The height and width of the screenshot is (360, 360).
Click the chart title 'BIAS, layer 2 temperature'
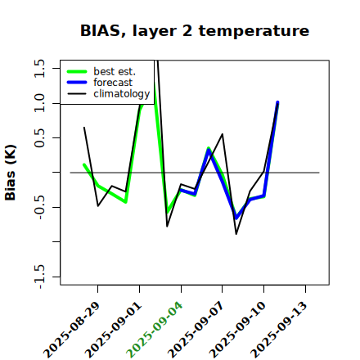point(195,31)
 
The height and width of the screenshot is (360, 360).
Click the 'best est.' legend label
point(115,71)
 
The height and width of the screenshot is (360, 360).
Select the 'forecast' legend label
point(113,83)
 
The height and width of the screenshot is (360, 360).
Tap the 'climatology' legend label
point(122,94)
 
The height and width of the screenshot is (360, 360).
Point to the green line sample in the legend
point(77,72)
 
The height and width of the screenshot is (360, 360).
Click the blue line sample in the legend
point(77,83)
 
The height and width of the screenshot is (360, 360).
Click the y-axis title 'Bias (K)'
point(11,173)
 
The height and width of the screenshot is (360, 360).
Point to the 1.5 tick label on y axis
point(39,68)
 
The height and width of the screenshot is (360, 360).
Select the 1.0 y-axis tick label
point(39,103)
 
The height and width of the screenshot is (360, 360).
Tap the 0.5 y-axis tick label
point(39,138)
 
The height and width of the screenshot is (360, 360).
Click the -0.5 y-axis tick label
point(39,207)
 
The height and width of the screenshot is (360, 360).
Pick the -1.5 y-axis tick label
point(39,277)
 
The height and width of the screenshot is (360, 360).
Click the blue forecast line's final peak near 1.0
point(277,102)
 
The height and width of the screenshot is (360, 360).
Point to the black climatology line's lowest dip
point(236,234)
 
